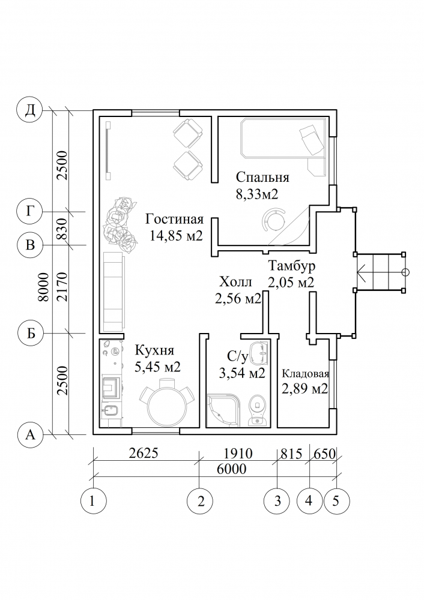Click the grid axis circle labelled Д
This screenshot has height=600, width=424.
click(x=30, y=110)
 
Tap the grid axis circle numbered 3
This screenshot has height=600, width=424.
click(x=277, y=501)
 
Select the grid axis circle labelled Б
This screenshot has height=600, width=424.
click(x=31, y=334)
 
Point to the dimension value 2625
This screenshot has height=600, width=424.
click(x=144, y=453)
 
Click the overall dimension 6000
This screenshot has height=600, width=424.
click(x=231, y=468)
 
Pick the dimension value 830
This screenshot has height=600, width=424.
click(x=62, y=229)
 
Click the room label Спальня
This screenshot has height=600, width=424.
click(x=262, y=178)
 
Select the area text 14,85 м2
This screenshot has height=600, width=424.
click(x=176, y=236)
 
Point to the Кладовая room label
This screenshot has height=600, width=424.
click(x=306, y=373)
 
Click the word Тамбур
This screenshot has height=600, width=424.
click(x=291, y=266)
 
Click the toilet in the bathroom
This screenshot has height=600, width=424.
click(x=258, y=410)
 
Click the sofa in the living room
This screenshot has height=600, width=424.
click(x=114, y=292)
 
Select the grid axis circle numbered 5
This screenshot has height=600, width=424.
click(x=336, y=501)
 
